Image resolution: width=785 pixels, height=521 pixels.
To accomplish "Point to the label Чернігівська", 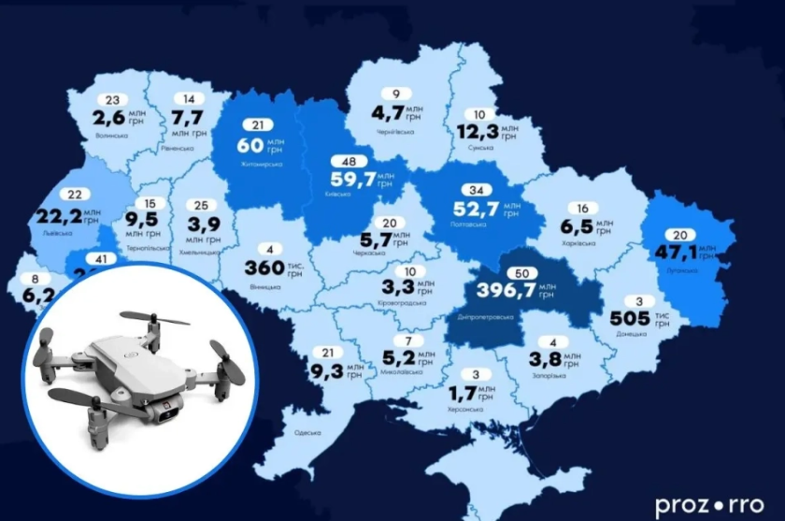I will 396,133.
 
